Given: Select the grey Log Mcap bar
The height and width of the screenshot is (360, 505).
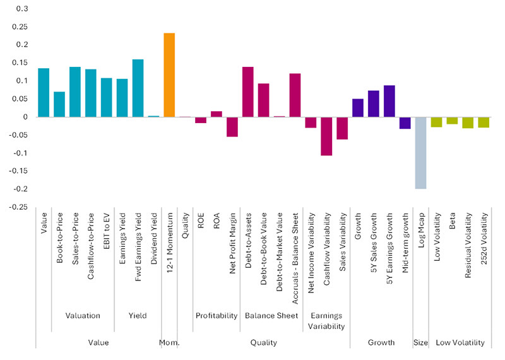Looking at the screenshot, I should coord(420,153).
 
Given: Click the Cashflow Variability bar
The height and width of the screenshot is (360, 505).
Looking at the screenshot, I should coord(326,136).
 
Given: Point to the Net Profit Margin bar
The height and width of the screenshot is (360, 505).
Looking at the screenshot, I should coord(232,126).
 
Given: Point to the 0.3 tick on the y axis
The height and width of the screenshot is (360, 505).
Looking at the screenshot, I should coord(23,8).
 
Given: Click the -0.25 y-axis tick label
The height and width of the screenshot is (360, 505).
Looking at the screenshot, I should coord(19,207).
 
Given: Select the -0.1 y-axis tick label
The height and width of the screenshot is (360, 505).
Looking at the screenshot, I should coord(21,153).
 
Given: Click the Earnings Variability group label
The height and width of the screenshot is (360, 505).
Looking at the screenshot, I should coord(326,321).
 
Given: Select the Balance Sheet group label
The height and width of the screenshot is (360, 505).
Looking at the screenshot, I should coord(271,315).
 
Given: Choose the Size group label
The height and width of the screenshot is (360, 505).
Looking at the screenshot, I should coord(420,342).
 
